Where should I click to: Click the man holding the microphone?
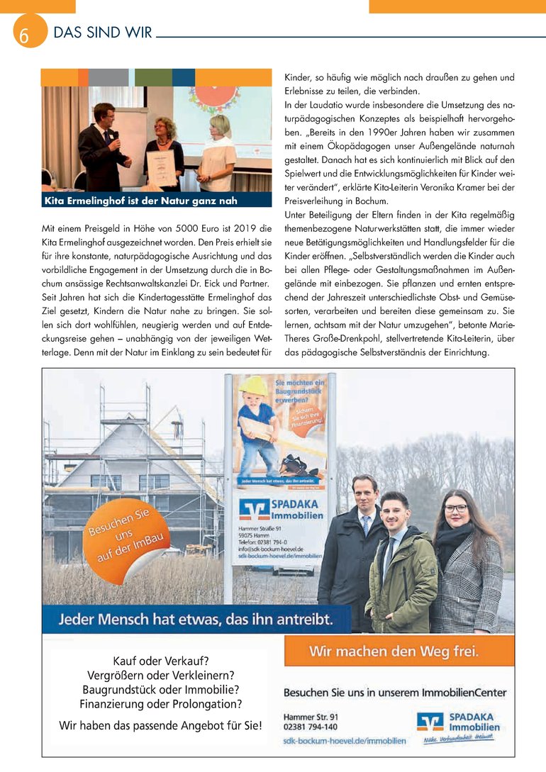click(x=102, y=145)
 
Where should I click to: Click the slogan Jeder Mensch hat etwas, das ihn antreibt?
click(x=196, y=620)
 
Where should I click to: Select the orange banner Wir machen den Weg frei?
click(x=399, y=650)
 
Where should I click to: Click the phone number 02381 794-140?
click(x=311, y=727)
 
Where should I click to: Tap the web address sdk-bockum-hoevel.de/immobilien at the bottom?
click(x=345, y=741)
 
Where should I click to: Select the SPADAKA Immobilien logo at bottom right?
click(x=459, y=723)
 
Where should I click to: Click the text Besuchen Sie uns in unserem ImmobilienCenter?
click(x=395, y=692)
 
